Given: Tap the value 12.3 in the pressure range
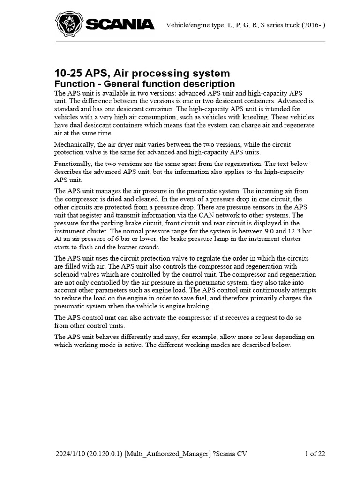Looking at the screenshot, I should [297, 231].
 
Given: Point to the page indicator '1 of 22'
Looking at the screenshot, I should [315, 453].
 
